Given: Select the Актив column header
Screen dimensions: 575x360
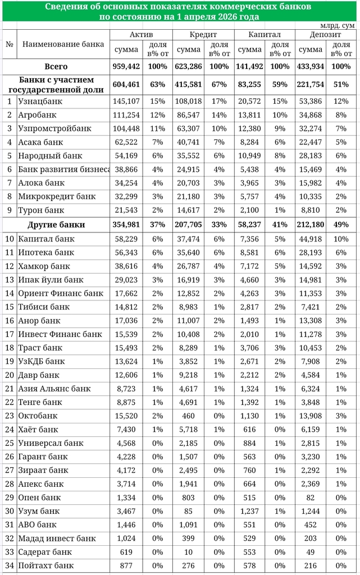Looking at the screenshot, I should pyautogui.click(x=141, y=34).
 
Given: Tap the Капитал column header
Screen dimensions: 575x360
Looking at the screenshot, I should pyautogui.click(x=263, y=34).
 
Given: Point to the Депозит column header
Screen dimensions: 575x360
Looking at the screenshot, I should pyautogui.click(x=325, y=34).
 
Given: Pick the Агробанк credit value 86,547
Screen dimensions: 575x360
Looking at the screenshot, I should pyautogui.click(x=189, y=115).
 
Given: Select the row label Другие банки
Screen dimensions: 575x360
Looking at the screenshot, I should pyautogui.click(x=56, y=225).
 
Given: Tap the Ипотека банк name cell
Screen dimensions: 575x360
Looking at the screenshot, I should pyautogui.click(x=46, y=253).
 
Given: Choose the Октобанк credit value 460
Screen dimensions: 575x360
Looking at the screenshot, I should pyautogui.click(x=189, y=416).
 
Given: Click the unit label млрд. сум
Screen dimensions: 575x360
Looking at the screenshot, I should pyautogui.click(x=337, y=25).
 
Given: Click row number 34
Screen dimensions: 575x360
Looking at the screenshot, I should pyautogui.click(x=10, y=565).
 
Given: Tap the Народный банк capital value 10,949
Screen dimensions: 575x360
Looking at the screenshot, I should pyautogui.click(x=250, y=156).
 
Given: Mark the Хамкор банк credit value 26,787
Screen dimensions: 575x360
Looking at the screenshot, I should pyautogui.click(x=189, y=266).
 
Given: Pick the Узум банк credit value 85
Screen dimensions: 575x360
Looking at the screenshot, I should pyautogui.click(x=189, y=511).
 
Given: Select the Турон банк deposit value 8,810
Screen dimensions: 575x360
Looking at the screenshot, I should pyautogui.click(x=311, y=210).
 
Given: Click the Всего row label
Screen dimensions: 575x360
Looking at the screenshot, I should pyautogui.click(x=56, y=66).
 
